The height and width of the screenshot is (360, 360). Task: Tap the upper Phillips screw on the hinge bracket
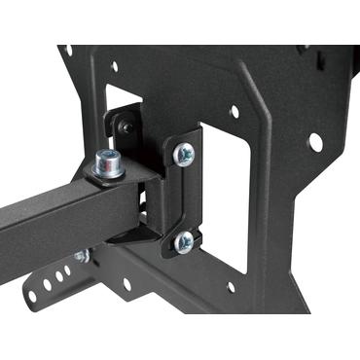tap(182, 153)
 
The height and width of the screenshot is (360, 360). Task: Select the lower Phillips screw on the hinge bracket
tap(183, 240)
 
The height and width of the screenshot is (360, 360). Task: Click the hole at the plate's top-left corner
tap(68, 50)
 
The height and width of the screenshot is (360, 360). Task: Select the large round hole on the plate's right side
tap(314, 141)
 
